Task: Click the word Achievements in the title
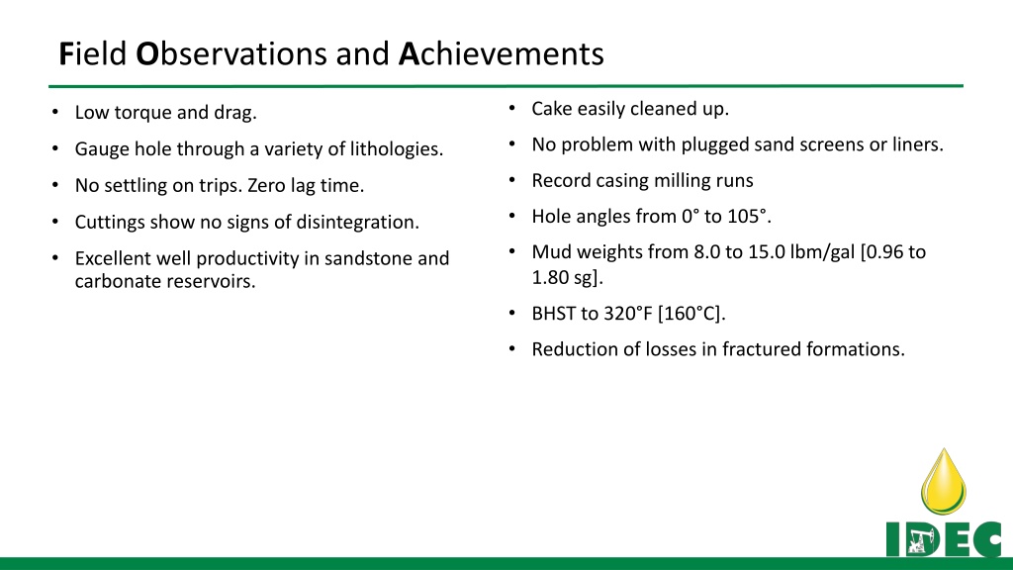pos(501,53)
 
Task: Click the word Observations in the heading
pos(230,53)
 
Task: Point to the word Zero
pos(266,185)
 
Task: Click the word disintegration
pos(357,223)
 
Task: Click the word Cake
pos(552,109)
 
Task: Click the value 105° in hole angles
pos(748,216)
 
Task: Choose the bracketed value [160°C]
pos(691,314)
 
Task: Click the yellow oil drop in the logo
pos(943,482)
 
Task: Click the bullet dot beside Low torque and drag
pos(55,113)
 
